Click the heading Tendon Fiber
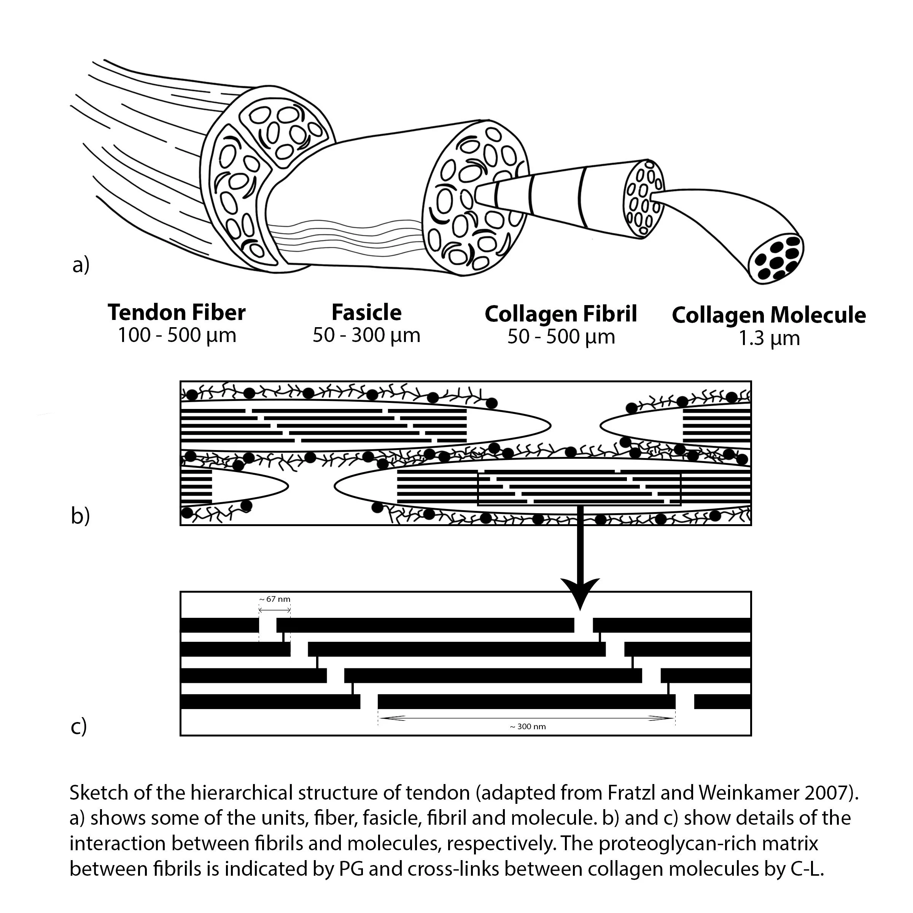[x=177, y=312]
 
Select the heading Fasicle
[x=366, y=312]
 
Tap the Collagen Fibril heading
[x=561, y=314]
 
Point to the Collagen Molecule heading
[x=769, y=315]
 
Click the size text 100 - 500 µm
[x=177, y=336]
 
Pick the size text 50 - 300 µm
[x=366, y=336]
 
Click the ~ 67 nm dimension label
[x=275, y=599]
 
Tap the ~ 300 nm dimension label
[x=528, y=726]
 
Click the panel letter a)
[x=81, y=265]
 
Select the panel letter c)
[x=79, y=726]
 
